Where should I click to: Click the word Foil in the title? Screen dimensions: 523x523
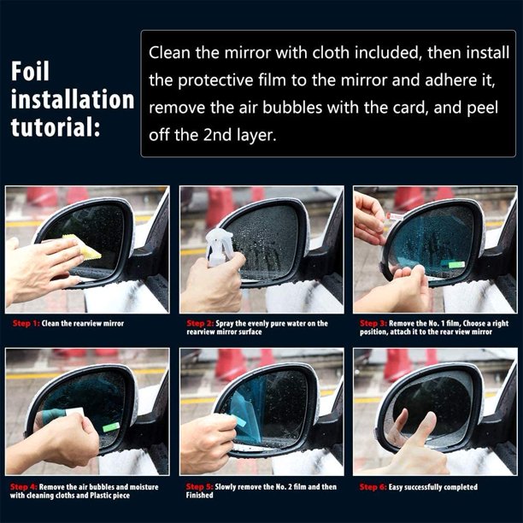pos(30,71)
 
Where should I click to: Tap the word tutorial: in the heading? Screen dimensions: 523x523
pos(56,127)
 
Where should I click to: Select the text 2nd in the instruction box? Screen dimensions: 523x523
pos(218,135)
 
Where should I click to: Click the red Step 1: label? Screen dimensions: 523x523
pos(26,323)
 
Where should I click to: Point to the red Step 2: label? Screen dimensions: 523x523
pos(200,323)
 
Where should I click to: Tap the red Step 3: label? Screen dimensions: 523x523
pos(373,323)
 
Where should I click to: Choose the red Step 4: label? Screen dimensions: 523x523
pos(24,487)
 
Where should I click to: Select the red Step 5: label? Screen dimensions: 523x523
pos(200,487)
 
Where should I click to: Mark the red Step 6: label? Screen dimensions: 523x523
pos(373,487)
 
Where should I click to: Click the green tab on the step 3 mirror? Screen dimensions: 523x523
pos(456,265)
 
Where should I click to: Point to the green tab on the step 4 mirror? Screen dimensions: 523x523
pos(111,427)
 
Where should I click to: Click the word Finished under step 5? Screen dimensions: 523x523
pos(199,495)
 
